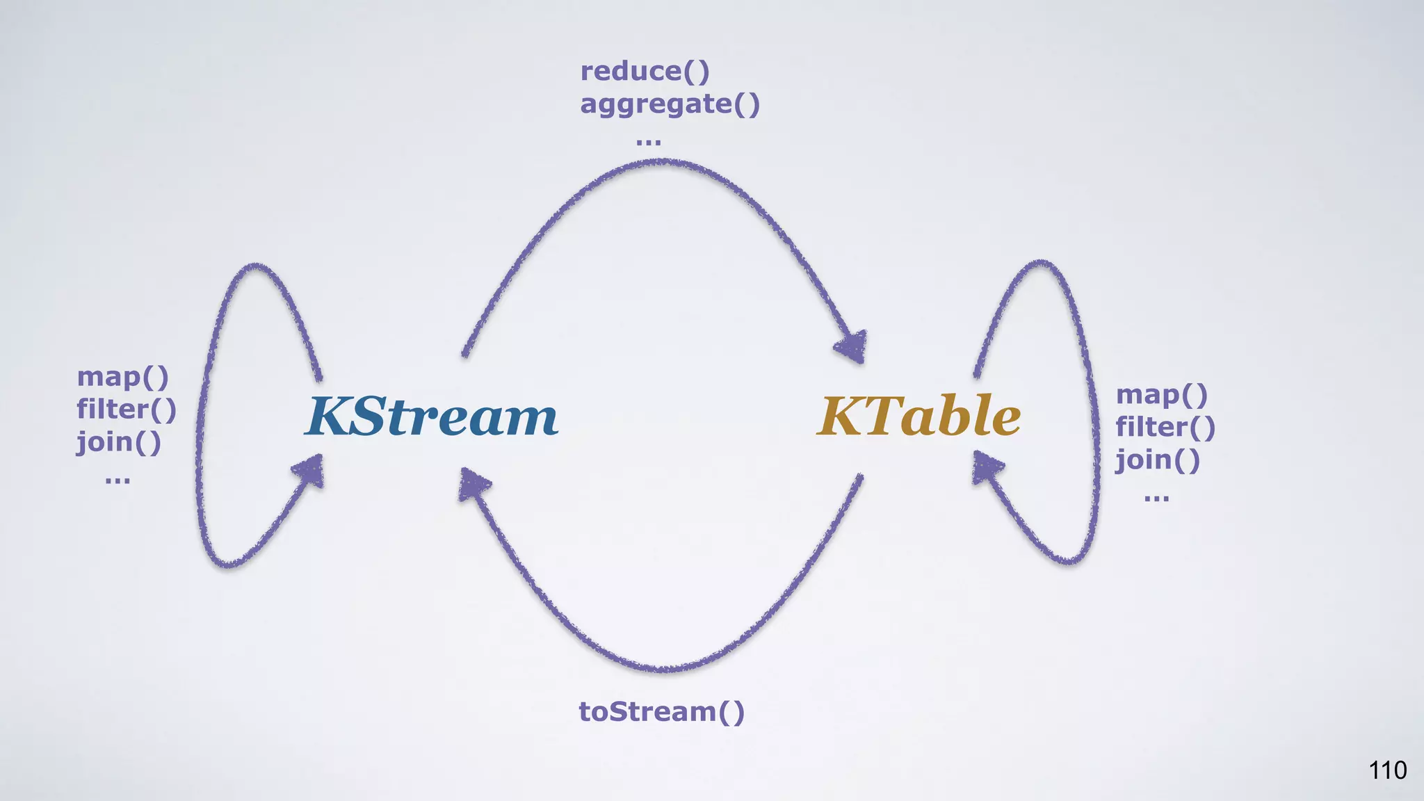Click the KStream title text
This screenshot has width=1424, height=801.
coord(432,416)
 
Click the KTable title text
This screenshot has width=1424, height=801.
coord(919,416)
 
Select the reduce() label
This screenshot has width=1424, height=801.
coord(645,71)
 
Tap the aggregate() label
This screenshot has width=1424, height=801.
coord(670,104)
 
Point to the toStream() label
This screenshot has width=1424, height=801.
coord(661,712)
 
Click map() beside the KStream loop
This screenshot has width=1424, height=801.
coord(122,377)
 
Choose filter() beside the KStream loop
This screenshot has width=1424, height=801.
coord(127,410)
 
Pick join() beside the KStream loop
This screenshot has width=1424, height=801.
coord(118,442)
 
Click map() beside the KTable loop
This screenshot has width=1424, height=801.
coord(1161,395)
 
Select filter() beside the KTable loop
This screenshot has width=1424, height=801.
coord(1165,428)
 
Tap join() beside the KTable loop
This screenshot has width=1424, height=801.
coord(1158,460)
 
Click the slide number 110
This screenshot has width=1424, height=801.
coord(1387,770)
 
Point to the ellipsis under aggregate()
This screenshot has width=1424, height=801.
coord(648,142)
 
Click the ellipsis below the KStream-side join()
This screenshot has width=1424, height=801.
coord(118,480)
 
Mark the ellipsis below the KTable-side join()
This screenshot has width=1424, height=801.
coord(1156,498)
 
